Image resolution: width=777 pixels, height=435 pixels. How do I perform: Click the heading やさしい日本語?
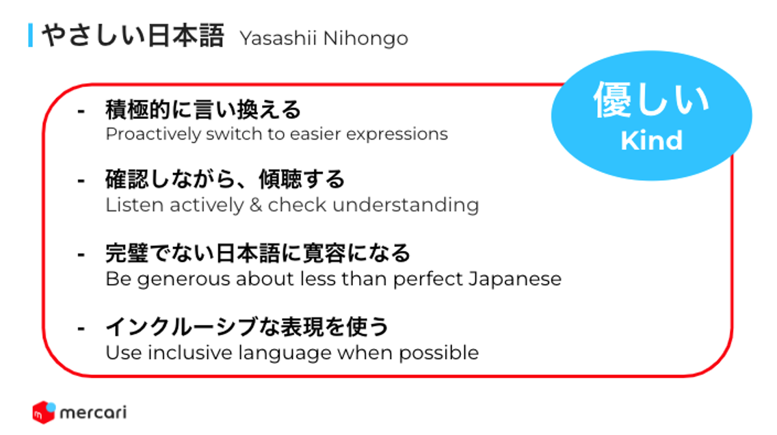click(133, 36)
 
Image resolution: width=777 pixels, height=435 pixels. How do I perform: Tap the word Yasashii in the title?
click(278, 38)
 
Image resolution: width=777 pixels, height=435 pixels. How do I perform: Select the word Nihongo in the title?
click(366, 39)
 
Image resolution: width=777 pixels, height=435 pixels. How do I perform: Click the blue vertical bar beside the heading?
click(31, 35)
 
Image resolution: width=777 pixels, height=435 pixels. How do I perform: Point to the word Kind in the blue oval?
click(652, 140)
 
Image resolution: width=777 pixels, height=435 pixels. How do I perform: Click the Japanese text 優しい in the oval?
click(652, 100)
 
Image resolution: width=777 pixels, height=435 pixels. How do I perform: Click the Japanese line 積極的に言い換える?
click(203, 109)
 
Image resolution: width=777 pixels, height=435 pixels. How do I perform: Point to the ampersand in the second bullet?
click(256, 205)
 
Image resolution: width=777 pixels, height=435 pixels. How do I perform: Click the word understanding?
click(406, 205)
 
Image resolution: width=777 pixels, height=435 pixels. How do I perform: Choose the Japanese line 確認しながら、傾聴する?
click(225, 179)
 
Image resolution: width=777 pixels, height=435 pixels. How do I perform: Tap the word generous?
click(184, 280)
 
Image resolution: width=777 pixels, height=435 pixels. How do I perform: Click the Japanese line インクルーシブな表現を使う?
click(248, 326)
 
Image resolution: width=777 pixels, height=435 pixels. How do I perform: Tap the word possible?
click(438, 353)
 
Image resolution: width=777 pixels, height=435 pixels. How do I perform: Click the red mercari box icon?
click(44, 412)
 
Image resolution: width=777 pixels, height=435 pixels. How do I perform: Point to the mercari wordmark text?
click(93, 412)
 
